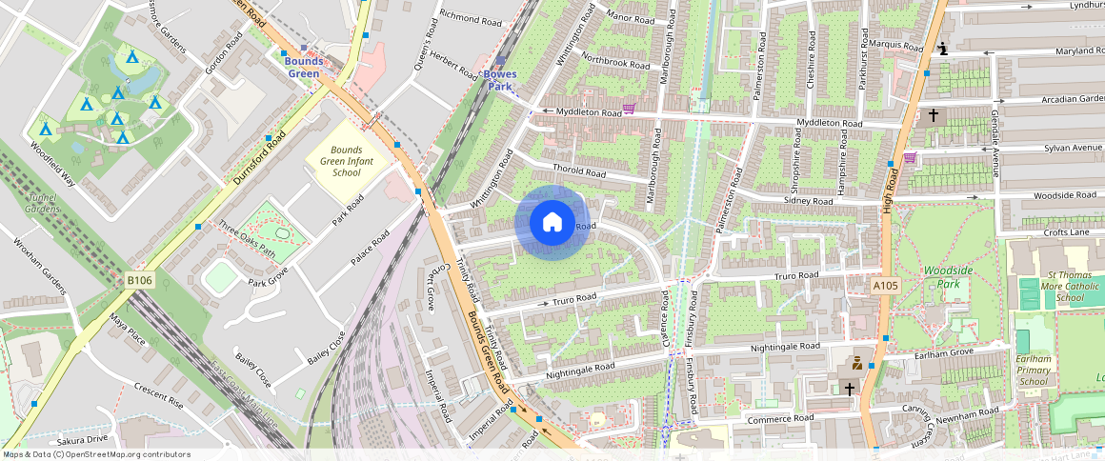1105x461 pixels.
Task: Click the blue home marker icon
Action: pos(552,223)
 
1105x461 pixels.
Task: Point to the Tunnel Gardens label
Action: pos(42,203)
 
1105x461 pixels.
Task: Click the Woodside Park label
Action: pos(949,277)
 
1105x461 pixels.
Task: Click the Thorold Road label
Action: pos(579,172)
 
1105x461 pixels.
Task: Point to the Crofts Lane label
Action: pos(1065,231)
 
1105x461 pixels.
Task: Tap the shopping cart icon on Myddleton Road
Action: pos(628,109)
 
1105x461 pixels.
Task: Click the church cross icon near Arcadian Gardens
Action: pos(933,115)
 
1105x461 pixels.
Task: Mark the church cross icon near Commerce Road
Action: pos(849,389)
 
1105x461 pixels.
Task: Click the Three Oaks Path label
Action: pos(246,240)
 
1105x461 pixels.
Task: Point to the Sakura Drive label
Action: pos(83,440)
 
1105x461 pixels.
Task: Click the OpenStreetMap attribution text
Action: pos(97,454)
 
